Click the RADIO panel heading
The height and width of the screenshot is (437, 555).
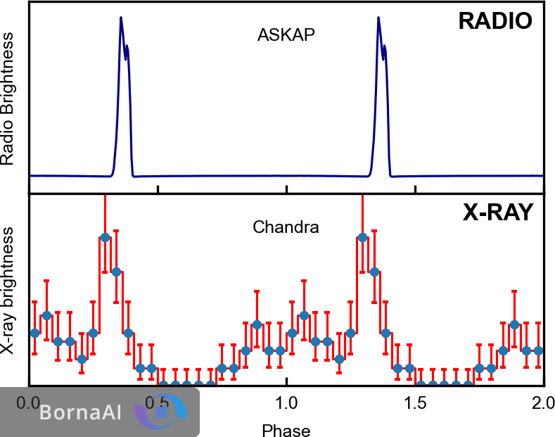pyautogui.click(x=495, y=21)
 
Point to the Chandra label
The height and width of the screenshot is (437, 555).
pyautogui.click(x=286, y=227)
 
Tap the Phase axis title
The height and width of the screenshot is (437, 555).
pyautogui.click(x=286, y=429)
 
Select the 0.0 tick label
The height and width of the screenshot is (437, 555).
pyautogui.click(x=29, y=404)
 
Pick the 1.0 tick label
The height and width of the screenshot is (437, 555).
pyautogui.click(x=286, y=404)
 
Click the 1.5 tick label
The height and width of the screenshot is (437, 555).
pyautogui.click(x=415, y=404)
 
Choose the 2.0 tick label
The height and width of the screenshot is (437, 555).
pyautogui.click(x=543, y=404)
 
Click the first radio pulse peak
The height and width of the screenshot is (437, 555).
pyautogui.click(x=121, y=18)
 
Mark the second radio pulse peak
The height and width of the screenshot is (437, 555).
pyautogui.click(x=378, y=18)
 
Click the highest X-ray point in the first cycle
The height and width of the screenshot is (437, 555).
pyautogui.click(x=105, y=237)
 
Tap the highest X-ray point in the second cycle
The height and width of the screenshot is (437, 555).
pyautogui.click(x=362, y=237)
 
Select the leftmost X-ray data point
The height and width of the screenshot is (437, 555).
pyautogui.click(x=34, y=332)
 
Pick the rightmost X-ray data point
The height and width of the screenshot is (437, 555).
pyautogui.click(x=538, y=350)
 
